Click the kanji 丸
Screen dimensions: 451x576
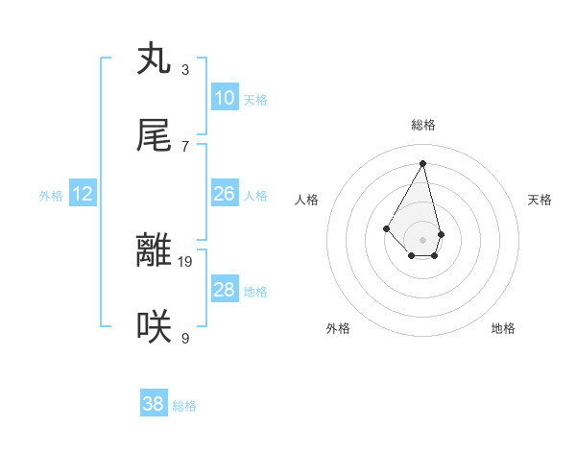point(154,59)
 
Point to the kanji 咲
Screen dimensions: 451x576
point(154,327)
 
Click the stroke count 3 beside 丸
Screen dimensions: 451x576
point(185,70)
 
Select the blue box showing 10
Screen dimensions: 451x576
point(225,98)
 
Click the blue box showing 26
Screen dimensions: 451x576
point(225,194)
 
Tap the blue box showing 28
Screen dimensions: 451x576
point(225,290)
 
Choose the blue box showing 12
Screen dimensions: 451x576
point(83,194)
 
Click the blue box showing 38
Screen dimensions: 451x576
point(154,404)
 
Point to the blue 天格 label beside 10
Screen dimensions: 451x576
point(255,100)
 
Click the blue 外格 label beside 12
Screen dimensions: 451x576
point(51,196)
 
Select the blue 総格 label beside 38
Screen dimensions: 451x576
point(184,406)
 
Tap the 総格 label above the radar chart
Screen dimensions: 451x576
point(423,125)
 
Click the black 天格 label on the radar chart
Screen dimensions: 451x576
point(540,200)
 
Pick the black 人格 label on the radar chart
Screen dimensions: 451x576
point(307,200)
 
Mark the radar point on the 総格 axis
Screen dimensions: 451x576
point(422,163)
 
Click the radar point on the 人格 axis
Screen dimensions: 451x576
point(386,227)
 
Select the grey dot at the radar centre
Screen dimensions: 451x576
point(422,239)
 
